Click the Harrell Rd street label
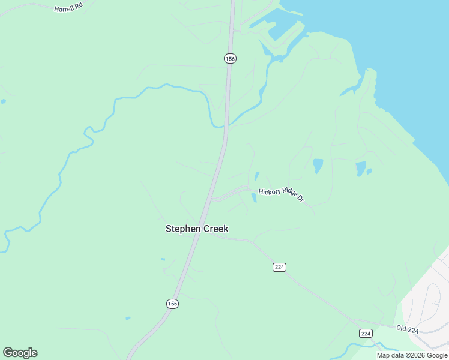[x=67, y=10]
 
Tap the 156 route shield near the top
[x=230, y=58]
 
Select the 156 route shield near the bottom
[x=172, y=304]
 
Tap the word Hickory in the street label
[x=268, y=192]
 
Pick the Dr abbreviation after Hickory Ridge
[x=301, y=199]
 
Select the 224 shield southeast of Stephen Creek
[x=279, y=267]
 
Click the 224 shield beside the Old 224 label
[x=366, y=333]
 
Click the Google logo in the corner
[x=20, y=353]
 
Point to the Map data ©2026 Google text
[x=412, y=355]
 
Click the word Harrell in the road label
[x=64, y=9]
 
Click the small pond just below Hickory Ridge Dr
[x=253, y=197]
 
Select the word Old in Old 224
[x=402, y=328]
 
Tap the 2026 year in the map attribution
[x=418, y=355]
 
